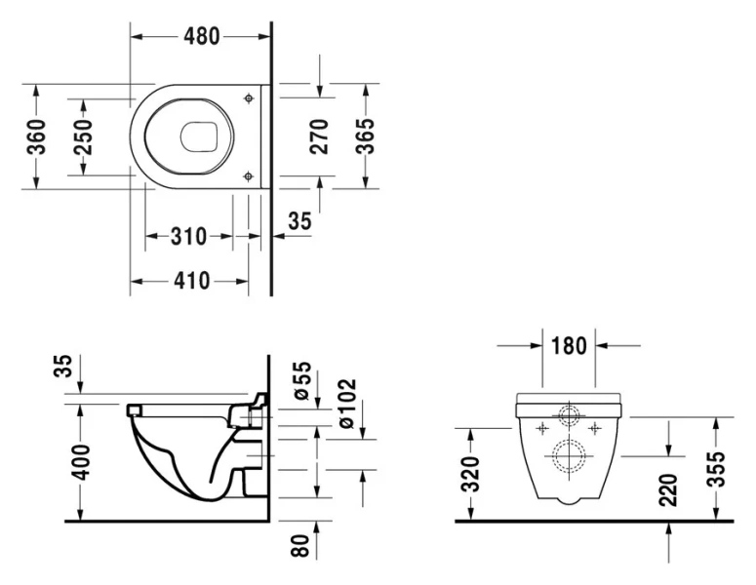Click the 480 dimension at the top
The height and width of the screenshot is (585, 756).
click(x=201, y=36)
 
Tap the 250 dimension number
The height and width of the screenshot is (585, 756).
click(x=83, y=137)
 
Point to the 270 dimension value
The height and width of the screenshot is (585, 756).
click(x=319, y=137)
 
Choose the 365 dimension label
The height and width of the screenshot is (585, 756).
click(x=365, y=137)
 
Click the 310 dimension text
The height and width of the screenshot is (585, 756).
click(x=188, y=236)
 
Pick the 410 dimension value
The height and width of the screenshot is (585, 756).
click(x=191, y=281)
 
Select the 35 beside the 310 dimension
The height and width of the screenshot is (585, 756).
click(x=300, y=221)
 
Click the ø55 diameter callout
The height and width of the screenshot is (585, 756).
click(x=301, y=380)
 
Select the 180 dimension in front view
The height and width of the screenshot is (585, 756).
click(x=569, y=345)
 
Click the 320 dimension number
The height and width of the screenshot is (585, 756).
click(x=470, y=475)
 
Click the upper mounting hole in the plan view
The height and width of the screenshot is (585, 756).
click(x=250, y=98)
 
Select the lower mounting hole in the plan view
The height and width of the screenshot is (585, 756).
click(x=250, y=175)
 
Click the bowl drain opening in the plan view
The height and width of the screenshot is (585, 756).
click(x=199, y=136)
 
